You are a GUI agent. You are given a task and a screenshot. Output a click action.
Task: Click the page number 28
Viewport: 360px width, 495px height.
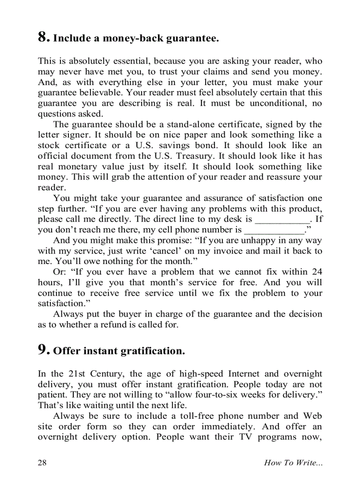pyautogui.click(x=42, y=462)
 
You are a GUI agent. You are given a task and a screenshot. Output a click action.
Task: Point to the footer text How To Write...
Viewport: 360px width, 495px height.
pyautogui.click(x=292, y=462)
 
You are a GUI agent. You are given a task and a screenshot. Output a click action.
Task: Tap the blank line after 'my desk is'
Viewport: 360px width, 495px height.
pyautogui.click(x=282, y=219)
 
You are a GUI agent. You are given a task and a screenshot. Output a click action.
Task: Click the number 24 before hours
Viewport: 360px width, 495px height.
pyautogui.click(x=317, y=272)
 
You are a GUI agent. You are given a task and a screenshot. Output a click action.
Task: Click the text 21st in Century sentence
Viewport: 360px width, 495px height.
pyautogui.click(x=77, y=374)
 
